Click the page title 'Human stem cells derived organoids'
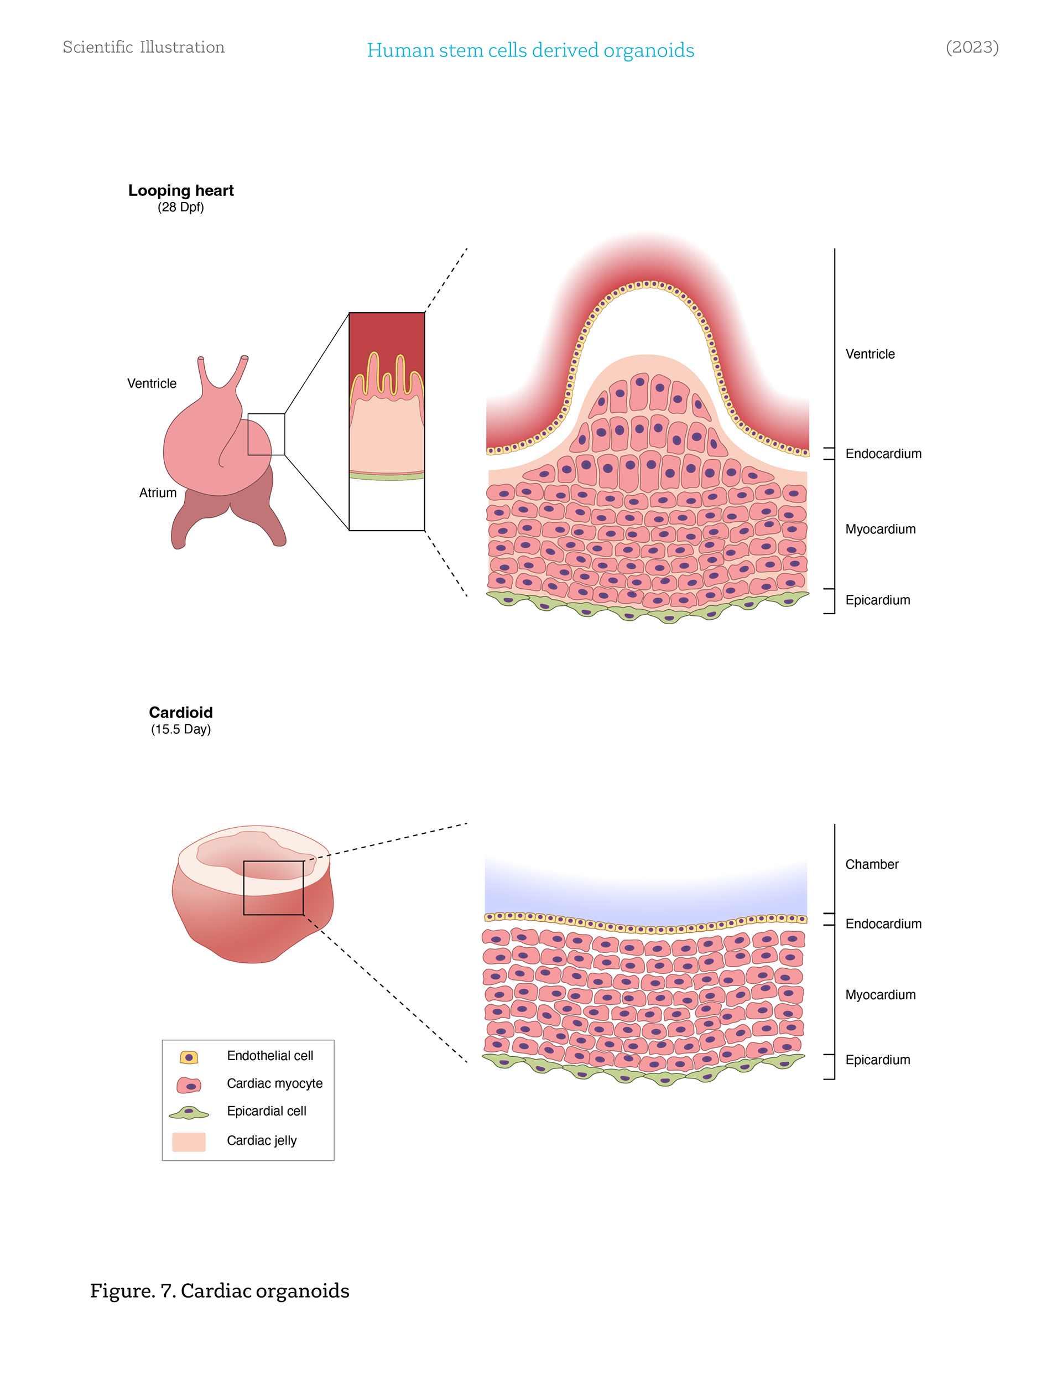click(530, 50)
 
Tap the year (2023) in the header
click(971, 47)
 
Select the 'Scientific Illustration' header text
click(143, 47)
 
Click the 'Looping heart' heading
click(181, 190)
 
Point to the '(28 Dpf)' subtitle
click(181, 207)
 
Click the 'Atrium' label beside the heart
click(158, 492)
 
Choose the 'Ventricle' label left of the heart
click(152, 383)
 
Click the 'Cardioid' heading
click(181, 712)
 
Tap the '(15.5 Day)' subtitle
click(181, 729)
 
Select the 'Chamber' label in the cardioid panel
click(871, 864)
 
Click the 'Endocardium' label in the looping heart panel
click(883, 454)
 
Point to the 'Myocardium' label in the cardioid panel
click(880, 995)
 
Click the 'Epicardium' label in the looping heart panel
click(878, 600)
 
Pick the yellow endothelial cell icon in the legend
click(189, 1057)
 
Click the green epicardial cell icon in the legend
click(189, 1113)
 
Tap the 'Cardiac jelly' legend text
click(261, 1140)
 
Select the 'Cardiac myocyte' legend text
click(274, 1083)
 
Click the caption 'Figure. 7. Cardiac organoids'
click(220, 1291)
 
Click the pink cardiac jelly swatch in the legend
click(189, 1141)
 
